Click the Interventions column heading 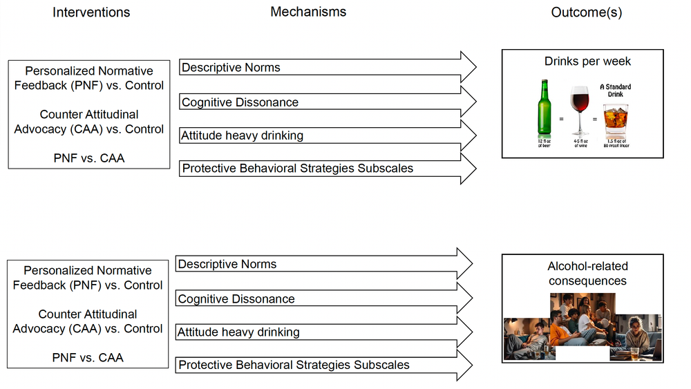91,12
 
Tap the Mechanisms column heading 308,12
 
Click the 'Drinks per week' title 587,61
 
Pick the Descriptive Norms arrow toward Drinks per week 328,67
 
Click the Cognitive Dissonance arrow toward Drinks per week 328,102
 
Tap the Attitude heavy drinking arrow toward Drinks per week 328,135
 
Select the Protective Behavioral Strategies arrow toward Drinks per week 328,168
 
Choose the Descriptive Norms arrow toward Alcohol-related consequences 325,264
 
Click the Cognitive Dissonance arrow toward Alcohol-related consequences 325,298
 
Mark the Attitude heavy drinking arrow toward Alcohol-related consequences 325,332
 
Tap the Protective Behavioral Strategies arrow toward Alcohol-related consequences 325,364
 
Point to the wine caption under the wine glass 580,143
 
